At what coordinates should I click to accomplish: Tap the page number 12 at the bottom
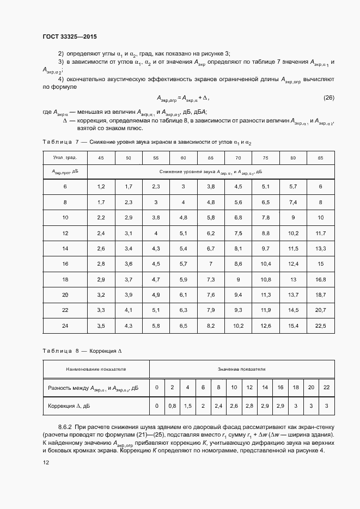point(46,462)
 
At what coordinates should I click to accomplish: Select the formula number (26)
point(328,98)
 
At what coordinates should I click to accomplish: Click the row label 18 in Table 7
point(65,279)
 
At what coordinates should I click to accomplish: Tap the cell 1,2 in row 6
point(101,187)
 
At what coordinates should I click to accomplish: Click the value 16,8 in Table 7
point(320,279)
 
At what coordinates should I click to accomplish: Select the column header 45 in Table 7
point(101,157)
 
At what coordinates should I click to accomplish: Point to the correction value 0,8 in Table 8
point(172,406)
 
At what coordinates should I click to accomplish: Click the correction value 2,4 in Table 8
point(218,406)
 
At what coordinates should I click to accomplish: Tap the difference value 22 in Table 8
point(327,388)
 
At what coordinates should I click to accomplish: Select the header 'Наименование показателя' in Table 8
point(96,369)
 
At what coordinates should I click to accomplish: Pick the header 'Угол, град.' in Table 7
point(65,157)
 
